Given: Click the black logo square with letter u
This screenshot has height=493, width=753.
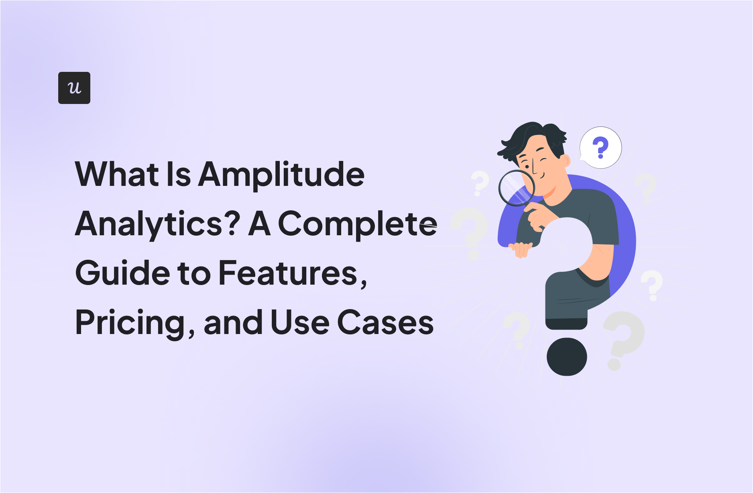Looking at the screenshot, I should point(74,88).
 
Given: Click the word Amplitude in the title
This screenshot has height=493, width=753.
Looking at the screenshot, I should point(281,175).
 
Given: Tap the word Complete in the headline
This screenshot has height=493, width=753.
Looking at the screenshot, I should point(357,224).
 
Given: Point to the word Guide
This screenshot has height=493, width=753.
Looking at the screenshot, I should point(122,273).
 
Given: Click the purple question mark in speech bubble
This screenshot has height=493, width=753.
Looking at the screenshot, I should point(600,147).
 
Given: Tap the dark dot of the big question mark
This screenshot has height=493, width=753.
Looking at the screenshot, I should point(567,357).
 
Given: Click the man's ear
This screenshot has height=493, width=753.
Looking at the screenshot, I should point(565,161).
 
